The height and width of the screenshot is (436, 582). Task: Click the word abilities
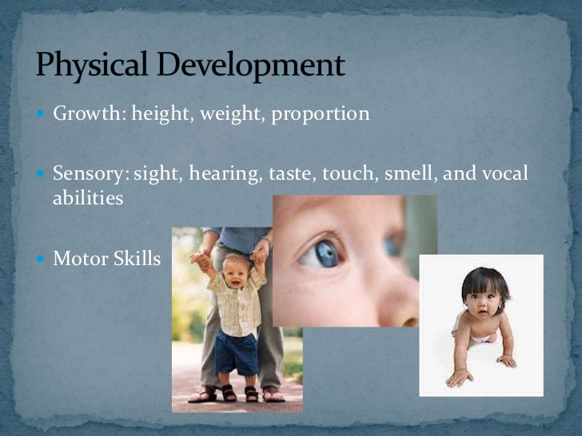88,198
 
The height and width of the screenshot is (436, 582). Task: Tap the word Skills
136,259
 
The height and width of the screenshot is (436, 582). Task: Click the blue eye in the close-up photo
326,253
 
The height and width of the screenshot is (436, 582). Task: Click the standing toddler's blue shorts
237,352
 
